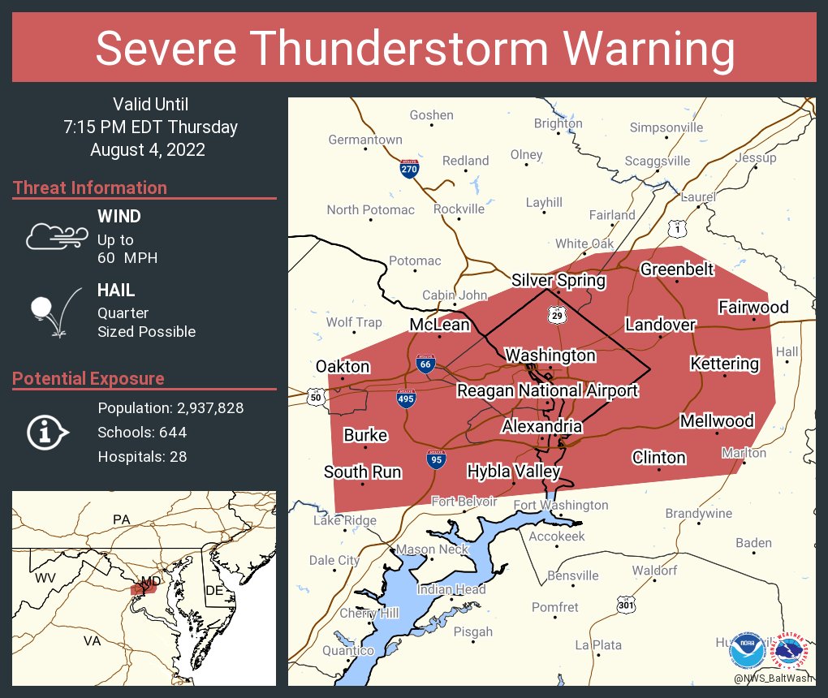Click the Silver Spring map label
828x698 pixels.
[x=558, y=281]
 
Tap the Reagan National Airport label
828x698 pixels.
[x=547, y=390]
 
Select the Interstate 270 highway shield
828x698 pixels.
[x=410, y=170]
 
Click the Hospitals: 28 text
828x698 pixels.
[x=142, y=456]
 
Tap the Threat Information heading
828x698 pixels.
[x=90, y=187]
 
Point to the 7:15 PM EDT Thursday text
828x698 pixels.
[x=151, y=127]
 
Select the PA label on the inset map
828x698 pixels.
[x=122, y=519]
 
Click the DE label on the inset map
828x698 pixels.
[x=213, y=590]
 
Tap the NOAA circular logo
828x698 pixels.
[x=746, y=650]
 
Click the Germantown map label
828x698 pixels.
[x=364, y=140]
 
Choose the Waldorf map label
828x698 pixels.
[x=654, y=571]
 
